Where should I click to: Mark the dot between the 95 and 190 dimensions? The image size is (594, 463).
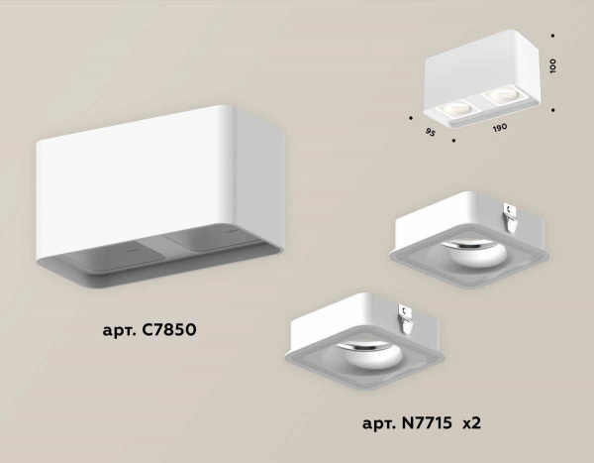[x=452, y=140]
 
